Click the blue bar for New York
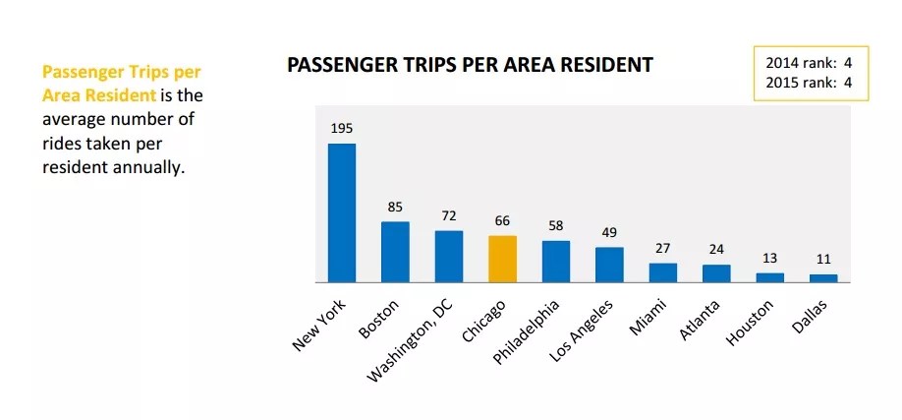click(341, 212)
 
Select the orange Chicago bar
click(502, 259)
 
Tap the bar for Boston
click(395, 252)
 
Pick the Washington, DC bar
click(449, 256)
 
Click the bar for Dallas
click(823, 278)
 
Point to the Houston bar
click(770, 277)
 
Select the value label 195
click(342, 129)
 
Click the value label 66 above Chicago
click(502, 221)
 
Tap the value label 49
click(609, 232)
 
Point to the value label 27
click(663, 249)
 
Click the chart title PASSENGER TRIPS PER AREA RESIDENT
click(470, 66)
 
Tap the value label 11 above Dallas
click(823, 260)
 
